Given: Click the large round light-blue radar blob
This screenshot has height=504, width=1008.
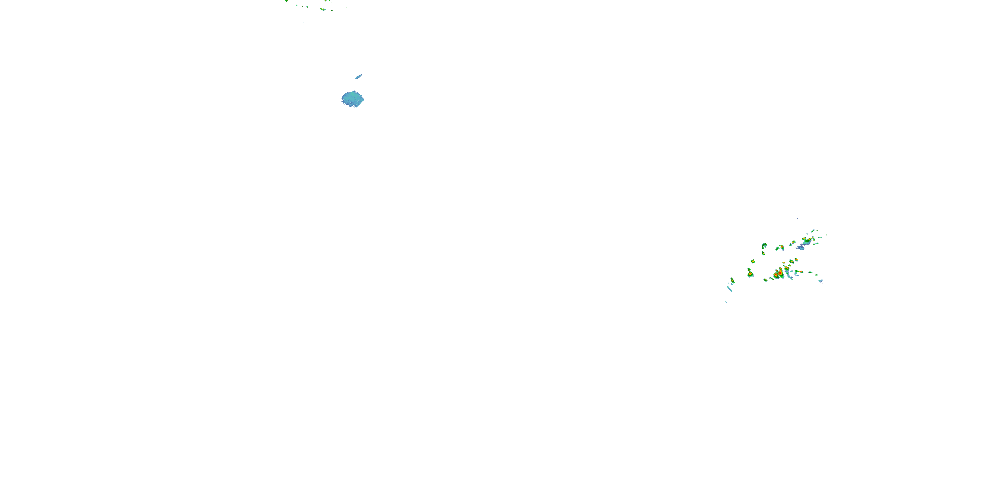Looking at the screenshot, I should [352, 99].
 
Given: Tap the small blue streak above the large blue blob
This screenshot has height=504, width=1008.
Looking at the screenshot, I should [358, 77].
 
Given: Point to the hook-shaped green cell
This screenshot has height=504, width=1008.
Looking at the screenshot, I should [764, 246].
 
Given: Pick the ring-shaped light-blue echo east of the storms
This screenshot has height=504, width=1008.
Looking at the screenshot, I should [821, 281].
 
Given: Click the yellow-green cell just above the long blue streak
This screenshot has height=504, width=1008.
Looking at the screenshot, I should [732, 280].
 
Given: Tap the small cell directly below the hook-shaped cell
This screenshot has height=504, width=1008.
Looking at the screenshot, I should [763, 253].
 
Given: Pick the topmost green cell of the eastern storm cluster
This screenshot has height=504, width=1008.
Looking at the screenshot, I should [813, 230].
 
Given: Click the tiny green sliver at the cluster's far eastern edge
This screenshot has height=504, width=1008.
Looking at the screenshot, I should [827, 235].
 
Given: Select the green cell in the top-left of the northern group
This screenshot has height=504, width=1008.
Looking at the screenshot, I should [286, 1].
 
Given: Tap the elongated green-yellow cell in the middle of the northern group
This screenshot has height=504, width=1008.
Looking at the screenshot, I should [323, 9].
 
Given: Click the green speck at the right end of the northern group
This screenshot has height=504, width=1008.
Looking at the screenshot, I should [346, 7].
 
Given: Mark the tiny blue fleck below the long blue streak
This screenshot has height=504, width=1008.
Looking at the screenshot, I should [726, 302].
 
